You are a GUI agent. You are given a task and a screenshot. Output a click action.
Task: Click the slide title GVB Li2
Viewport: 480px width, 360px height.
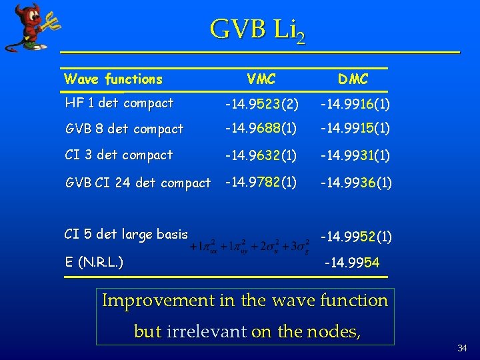tap(257, 30)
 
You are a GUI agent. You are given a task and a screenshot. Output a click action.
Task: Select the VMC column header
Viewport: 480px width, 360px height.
tap(261, 79)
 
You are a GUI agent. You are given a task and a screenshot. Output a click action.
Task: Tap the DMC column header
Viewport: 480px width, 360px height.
tap(353, 79)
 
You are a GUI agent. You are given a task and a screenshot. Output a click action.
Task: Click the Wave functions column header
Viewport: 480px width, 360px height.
tap(113, 79)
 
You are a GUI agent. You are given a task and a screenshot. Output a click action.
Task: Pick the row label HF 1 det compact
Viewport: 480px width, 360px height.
tap(119, 103)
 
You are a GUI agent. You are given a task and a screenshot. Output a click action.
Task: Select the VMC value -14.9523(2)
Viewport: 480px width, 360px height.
tap(261, 104)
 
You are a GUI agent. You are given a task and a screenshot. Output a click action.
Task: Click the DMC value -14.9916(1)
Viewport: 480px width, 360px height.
tap(355, 104)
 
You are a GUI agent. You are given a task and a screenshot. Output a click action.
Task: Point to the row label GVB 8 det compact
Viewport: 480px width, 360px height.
tap(124, 129)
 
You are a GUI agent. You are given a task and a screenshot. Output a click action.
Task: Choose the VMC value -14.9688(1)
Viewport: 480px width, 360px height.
tap(261, 128)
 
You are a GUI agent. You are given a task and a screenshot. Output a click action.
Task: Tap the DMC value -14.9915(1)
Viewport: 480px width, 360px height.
tap(355, 128)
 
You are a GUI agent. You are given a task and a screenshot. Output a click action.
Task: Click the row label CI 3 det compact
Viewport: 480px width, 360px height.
tap(119, 155)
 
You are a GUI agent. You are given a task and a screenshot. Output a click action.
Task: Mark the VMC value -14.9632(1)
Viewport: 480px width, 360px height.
tap(261, 155)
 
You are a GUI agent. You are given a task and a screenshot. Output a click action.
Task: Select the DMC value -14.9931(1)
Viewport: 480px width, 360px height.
tap(355, 155)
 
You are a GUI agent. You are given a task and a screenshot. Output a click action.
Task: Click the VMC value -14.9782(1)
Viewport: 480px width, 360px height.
tap(261, 181)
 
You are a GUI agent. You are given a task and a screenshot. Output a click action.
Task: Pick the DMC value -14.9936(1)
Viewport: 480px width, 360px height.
tap(355, 182)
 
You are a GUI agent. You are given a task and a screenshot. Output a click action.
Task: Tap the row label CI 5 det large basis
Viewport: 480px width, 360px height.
tap(126, 234)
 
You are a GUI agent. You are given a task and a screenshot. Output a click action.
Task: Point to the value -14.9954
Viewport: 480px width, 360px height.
tap(351, 263)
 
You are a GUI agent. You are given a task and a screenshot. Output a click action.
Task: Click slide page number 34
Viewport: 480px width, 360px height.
tap(462, 349)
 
